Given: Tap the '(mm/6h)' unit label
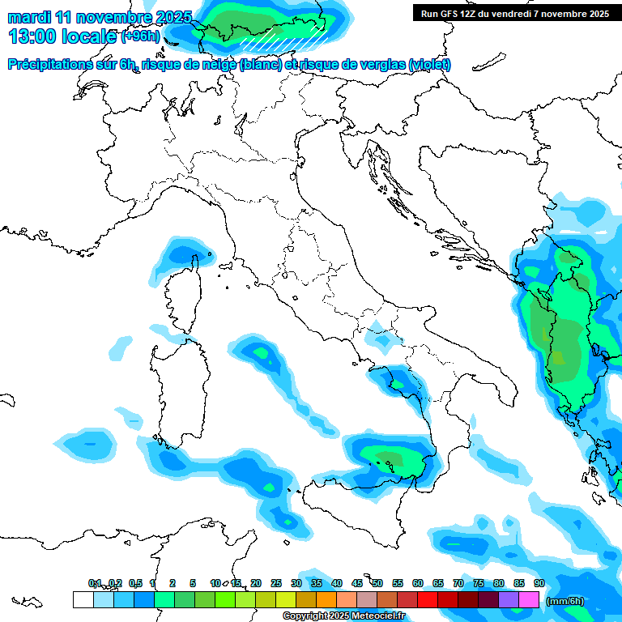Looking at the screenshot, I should (x=565, y=601).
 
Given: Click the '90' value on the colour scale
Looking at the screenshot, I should (x=539, y=583).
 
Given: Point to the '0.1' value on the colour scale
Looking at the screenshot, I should (x=95, y=583).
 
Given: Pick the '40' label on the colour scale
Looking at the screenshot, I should (x=337, y=583).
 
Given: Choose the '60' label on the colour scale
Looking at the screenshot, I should (x=418, y=583).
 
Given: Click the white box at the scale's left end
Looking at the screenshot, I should (x=83, y=599).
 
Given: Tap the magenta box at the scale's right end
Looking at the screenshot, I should (x=529, y=599).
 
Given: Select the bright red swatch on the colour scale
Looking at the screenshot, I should (x=428, y=599).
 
